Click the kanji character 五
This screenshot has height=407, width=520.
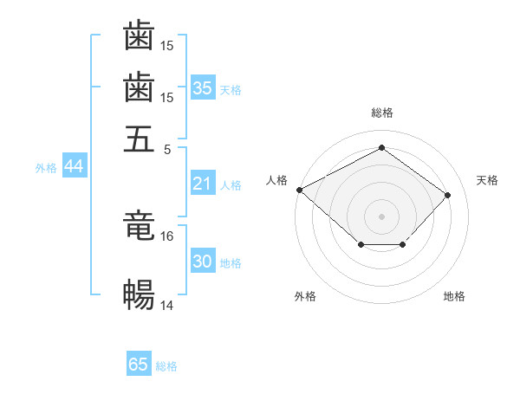[x=139, y=139]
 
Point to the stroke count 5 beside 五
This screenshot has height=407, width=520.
[x=166, y=148]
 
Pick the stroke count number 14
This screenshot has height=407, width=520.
[x=167, y=305]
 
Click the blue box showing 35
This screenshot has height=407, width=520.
[x=203, y=87]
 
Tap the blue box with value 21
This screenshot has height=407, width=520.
[x=202, y=184]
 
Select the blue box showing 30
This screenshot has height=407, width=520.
[x=203, y=262]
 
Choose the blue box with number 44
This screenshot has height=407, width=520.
[x=74, y=166]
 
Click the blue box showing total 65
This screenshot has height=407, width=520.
[x=139, y=365]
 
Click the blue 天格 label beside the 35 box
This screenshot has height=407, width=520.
[x=231, y=89]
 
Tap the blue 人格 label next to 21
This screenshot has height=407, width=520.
[x=231, y=185]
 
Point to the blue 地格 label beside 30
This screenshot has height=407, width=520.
[x=231, y=263]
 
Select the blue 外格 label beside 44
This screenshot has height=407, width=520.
[x=46, y=168]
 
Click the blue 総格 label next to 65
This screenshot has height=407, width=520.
[x=166, y=366]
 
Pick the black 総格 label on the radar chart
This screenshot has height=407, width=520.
[x=381, y=113]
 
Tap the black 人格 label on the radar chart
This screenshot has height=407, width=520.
[x=276, y=180]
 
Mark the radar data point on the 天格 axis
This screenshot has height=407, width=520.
[x=447, y=195]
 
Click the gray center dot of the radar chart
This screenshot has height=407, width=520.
[x=381, y=216]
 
